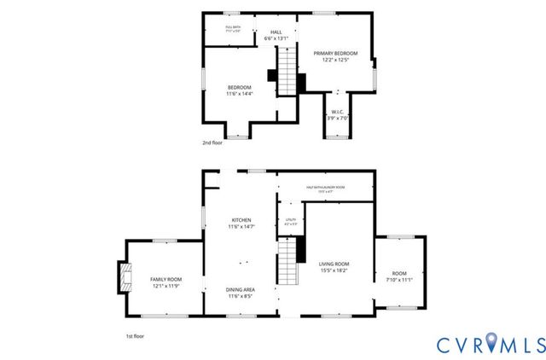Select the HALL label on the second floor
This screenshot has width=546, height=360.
coord(253,32)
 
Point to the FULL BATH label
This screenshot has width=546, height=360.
coord(233,27)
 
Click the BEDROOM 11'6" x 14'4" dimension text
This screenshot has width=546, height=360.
coord(239,94)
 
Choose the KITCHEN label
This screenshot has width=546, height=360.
coord(239,220)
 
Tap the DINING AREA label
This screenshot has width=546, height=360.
coord(239,290)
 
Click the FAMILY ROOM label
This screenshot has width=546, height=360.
coord(166,280)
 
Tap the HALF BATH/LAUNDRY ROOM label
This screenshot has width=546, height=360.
coord(325,187)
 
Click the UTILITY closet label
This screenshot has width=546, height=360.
coord(289,220)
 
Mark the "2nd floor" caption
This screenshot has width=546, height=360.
coord(212,143)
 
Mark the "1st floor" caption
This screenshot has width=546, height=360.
coord(123,337)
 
